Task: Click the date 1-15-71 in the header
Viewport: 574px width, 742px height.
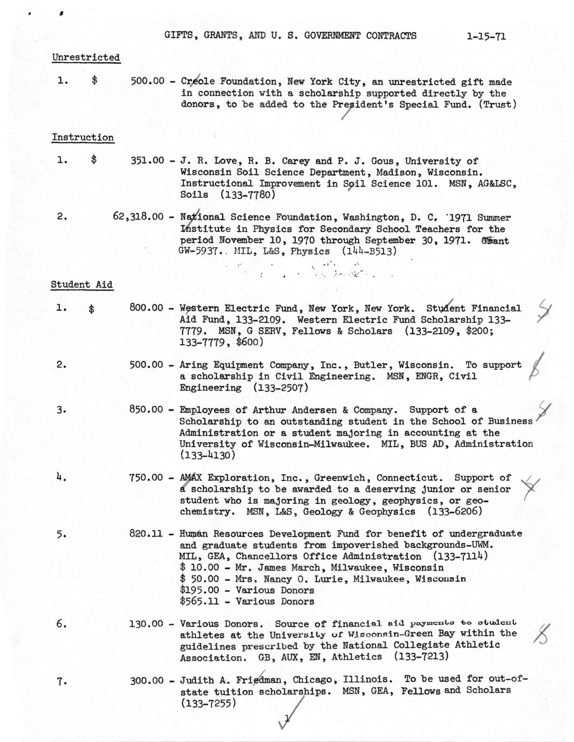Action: pyautogui.click(x=486, y=37)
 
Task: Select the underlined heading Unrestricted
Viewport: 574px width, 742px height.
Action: pyautogui.click(x=86, y=58)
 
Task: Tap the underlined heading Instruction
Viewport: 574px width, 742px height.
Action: pyautogui.click(x=82, y=138)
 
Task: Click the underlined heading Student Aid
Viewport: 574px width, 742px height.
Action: pyautogui.click(x=82, y=285)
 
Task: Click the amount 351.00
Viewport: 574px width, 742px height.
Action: pyautogui.click(x=147, y=161)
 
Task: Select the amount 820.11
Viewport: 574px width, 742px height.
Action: pyautogui.click(x=146, y=534)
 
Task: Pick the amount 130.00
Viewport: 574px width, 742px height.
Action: pyautogui.click(x=146, y=624)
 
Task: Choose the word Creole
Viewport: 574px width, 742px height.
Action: pyautogui.click(x=197, y=82)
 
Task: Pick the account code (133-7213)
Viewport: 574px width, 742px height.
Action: pyautogui.click(x=421, y=657)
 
